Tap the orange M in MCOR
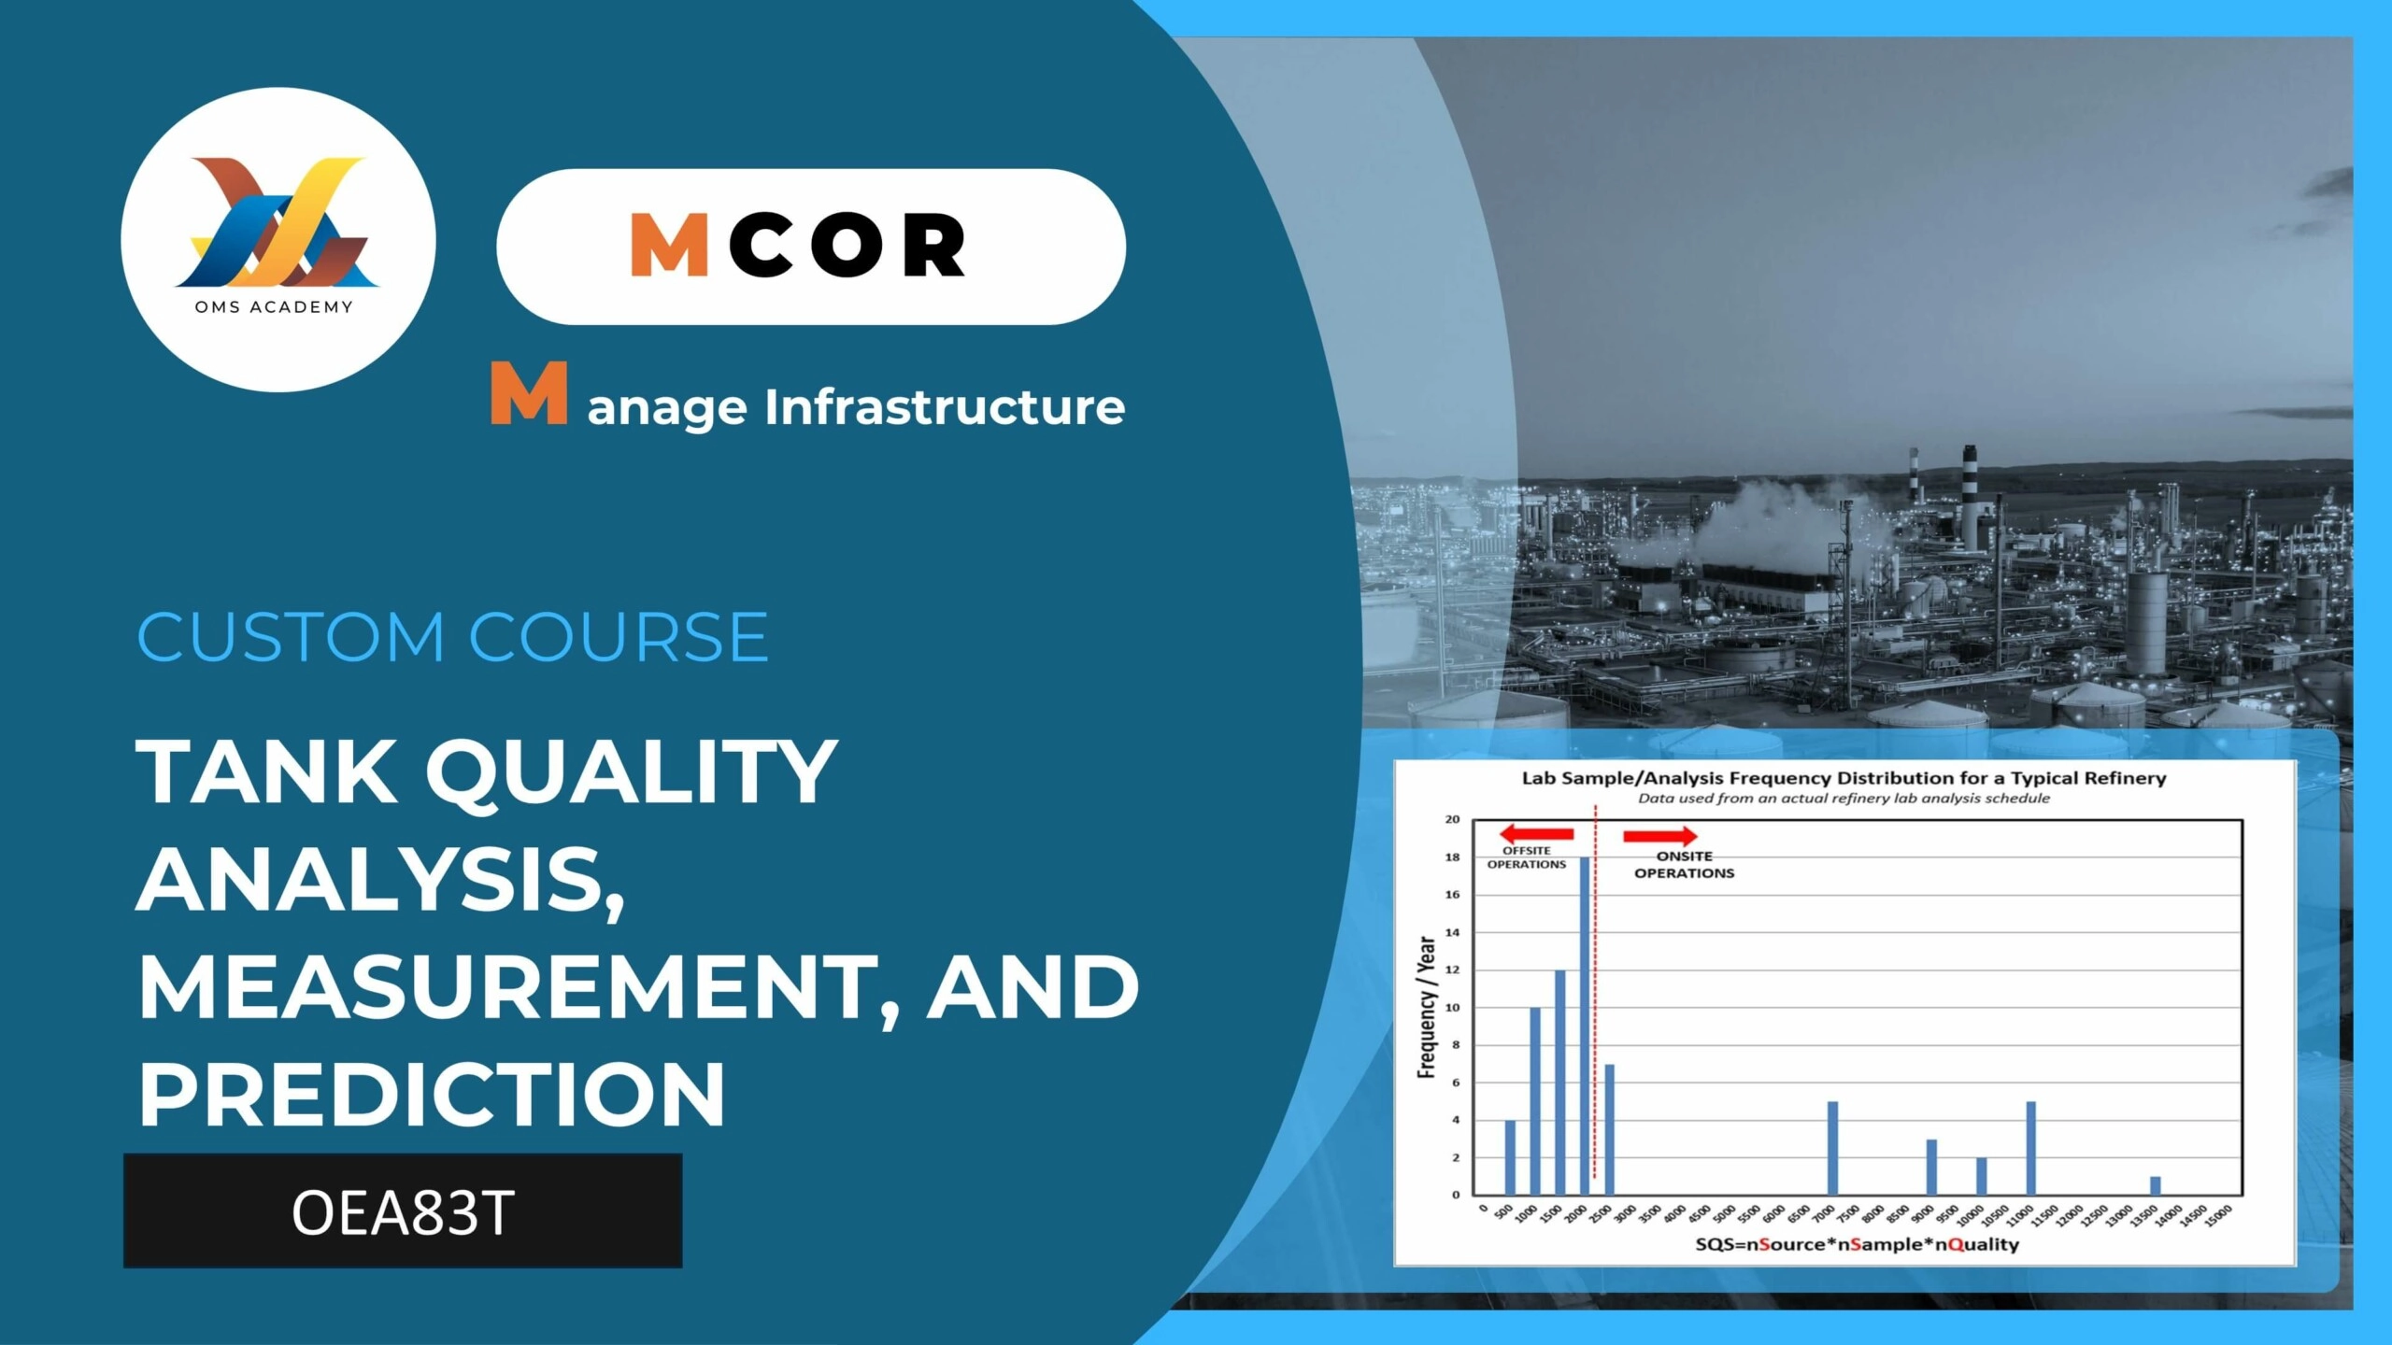669,245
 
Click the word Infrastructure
945,407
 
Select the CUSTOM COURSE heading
452,637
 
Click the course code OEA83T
403,1212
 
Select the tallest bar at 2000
1585,1026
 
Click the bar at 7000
1832,1149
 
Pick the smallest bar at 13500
2156,1186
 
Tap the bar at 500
1510,1158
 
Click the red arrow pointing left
1536,834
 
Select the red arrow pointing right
1660,836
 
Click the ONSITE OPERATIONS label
1684,865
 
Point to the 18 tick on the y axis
1452,857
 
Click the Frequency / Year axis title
1426,1007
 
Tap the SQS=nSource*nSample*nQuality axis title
1858,1244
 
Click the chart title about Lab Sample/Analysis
1844,778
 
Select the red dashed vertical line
1595,992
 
